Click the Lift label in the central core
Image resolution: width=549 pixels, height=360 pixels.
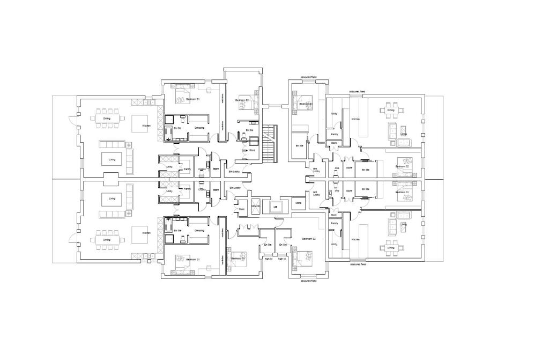coord(275,207)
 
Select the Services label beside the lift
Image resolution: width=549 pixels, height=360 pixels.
coord(256,207)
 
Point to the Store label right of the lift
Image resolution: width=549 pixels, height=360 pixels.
coord(299,203)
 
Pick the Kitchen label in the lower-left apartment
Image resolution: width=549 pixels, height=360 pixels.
coord(146,233)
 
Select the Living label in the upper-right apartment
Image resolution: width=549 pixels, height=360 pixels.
coord(404,134)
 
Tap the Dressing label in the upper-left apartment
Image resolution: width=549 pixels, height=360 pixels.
coord(199,128)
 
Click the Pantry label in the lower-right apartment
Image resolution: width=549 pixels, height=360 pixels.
coord(334,223)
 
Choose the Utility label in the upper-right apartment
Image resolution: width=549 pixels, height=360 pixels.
coord(334,114)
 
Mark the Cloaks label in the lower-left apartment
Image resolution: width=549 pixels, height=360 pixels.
coord(202,189)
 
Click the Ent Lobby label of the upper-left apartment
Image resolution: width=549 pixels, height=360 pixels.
coord(234,172)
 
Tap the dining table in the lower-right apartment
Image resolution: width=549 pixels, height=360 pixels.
coord(390,247)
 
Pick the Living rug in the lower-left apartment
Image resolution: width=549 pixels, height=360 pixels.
coord(112,199)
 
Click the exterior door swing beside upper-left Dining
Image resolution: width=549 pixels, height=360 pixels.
coord(72,121)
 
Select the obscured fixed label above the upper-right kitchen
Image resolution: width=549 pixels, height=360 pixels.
coord(357,92)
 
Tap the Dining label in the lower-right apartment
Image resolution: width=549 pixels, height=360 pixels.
coord(390,248)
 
